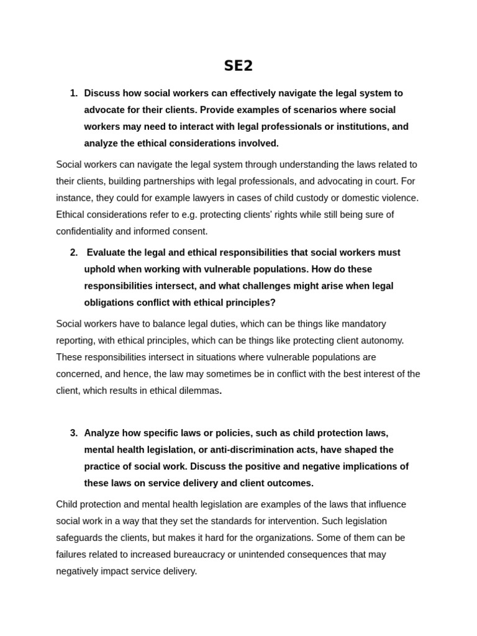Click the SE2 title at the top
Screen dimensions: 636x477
click(238, 66)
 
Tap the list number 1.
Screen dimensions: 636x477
click(73, 93)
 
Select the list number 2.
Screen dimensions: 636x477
click(73, 253)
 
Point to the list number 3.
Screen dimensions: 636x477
click(73, 433)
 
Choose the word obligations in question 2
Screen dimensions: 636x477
click(109, 303)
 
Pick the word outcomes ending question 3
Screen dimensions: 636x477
click(289, 483)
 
